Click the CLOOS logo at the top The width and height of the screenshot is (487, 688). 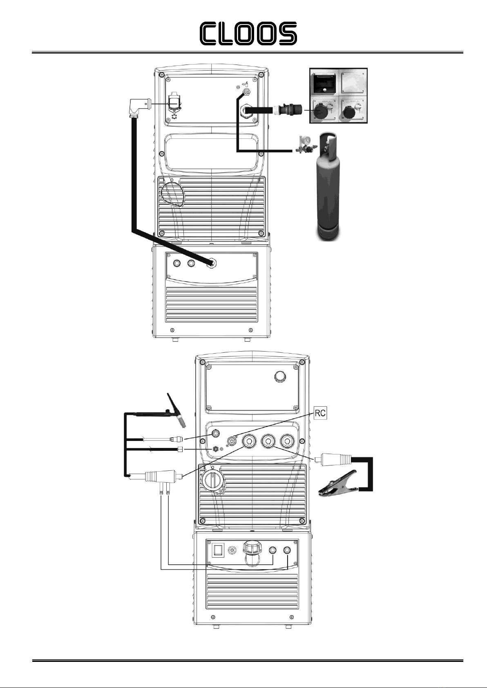[248, 33]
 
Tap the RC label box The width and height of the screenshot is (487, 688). [320, 413]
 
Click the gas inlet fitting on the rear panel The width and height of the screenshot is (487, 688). [246, 91]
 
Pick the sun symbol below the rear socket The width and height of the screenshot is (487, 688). [174, 117]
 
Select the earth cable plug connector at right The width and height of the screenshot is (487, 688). [333, 459]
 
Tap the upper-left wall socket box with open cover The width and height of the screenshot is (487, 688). [324, 82]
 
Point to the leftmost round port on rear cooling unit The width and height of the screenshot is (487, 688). [177, 263]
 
